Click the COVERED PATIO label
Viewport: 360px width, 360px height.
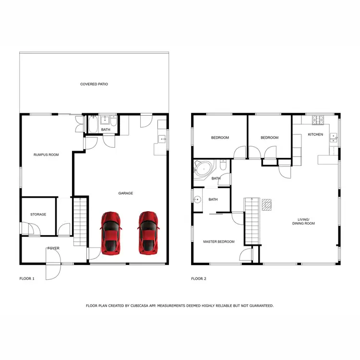tap(94, 84)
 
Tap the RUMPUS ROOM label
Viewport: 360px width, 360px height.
tap(46, 155)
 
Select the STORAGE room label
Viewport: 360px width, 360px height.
tap(38, 214)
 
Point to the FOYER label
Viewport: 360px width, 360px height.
tap(53, 248)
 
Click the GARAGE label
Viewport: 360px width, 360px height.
tap(126, 193)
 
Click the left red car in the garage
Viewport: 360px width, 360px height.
tap(111, 233)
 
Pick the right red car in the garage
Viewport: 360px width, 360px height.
tap(148, 233)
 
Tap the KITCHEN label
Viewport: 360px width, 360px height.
tap(315, 134)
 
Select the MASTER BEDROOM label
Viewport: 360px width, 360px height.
tap(219, 241)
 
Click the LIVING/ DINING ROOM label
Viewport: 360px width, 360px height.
tap(303, 221)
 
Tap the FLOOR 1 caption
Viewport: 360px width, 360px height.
tap(27, 278)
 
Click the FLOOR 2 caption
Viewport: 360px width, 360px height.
tap(199, 278)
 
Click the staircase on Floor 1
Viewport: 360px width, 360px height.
tap(80, 222)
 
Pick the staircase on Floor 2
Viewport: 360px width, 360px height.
tap(252, 221)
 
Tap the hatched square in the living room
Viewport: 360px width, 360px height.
tap(266, 205)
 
